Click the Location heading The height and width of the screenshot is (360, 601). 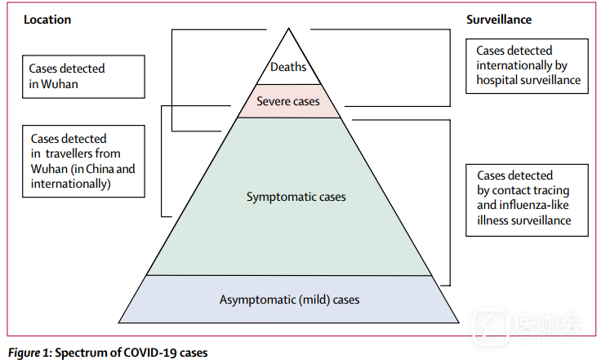(47, 20)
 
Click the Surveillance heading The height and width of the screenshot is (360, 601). (501, 20)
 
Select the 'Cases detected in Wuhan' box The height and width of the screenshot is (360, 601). (84, 77)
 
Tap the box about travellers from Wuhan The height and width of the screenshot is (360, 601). (83, 162)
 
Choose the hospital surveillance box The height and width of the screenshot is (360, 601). (528, 65)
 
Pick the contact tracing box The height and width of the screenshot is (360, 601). (527, 198)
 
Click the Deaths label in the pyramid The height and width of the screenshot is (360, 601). (287, 67)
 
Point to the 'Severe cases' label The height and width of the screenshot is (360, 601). (287, 102)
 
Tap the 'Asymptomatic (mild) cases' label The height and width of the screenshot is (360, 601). (289, 300)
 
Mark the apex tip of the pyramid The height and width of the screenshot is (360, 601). (287, 30)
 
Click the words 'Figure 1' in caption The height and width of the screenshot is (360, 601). (28, 353)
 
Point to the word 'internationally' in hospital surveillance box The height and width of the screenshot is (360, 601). (514, 65)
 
